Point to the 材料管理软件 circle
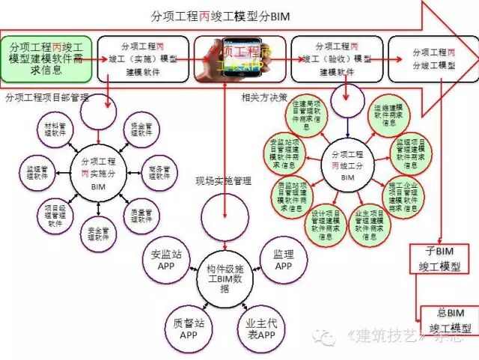50,135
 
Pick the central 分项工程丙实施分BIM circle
97,173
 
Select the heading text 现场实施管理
223,180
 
